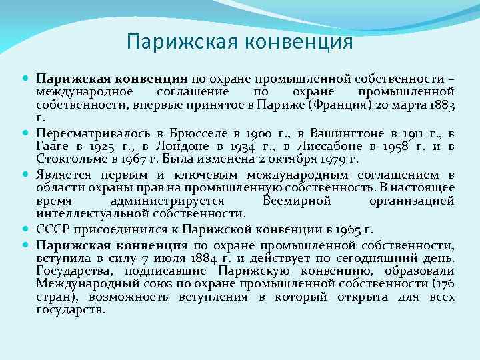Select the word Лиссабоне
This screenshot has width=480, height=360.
(x=329, y=146)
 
